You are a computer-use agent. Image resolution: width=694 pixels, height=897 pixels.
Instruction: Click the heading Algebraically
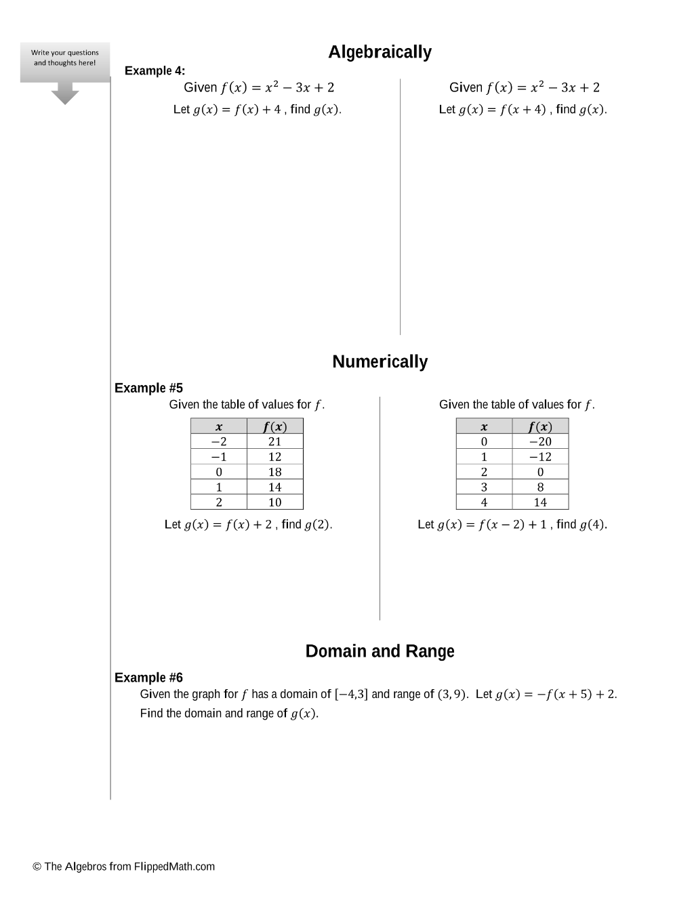380,52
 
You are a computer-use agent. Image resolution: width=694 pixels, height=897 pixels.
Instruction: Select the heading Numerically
380,362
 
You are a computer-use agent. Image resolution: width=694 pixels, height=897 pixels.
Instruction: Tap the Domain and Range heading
380,651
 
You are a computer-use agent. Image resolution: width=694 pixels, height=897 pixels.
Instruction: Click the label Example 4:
155,71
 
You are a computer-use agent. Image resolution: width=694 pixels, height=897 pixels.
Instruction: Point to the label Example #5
148,388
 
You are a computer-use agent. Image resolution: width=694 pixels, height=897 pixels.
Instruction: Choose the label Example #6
148,678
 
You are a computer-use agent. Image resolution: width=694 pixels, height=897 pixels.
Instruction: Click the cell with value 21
274,441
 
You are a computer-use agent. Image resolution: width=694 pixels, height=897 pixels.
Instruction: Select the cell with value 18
274,472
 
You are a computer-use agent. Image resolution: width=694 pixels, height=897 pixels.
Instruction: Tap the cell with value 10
274,502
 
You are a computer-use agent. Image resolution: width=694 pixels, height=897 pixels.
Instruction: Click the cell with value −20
540,441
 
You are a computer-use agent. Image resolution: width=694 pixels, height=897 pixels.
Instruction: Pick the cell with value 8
540,487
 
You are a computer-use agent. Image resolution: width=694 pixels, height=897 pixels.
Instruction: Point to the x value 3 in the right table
484,487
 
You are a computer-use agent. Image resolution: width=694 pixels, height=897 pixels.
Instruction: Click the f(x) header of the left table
274,426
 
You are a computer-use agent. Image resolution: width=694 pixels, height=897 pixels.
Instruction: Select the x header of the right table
484,426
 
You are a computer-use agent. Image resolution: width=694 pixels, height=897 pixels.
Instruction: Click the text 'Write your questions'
65,52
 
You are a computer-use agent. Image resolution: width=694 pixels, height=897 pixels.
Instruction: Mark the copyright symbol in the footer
37,867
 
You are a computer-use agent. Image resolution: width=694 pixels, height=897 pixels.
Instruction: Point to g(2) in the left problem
317,525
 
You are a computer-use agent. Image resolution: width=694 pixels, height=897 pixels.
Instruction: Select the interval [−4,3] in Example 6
351,695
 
